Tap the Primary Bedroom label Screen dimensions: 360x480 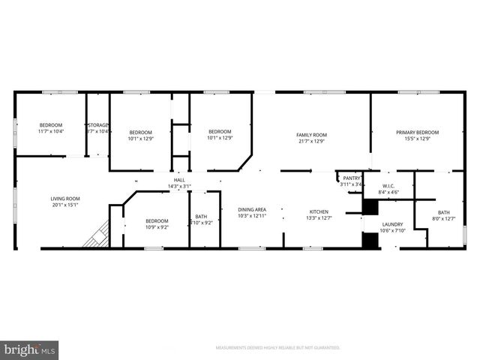(417, 132)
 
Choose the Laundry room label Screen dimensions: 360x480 (392, 224)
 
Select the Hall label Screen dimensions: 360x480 (179, 180)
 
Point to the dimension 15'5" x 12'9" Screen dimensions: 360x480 (417, 139)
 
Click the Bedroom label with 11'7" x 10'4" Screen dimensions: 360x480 (51, 124)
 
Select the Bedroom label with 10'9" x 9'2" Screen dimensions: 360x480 (157, 220)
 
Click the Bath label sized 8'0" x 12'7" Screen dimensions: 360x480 (444, 212)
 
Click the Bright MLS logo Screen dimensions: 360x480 (30, 349)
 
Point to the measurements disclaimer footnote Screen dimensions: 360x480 (277, 348)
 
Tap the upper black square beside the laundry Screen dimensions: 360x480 (370, 207)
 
